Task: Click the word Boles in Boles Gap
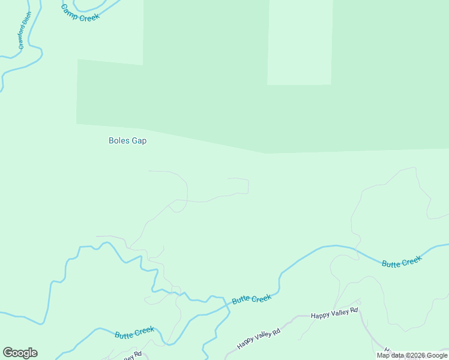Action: (x=118, y=141)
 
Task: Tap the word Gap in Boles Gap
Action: (x=139, y=141)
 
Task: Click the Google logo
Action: (x=20, y=353)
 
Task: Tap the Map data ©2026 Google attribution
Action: (x=412, y=355)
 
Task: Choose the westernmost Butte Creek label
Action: (x=134, y=332)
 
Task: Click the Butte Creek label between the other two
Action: (x=252, y=299)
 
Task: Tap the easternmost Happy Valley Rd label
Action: (x=334, y=313)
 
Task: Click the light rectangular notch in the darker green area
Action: (x=300, y=42)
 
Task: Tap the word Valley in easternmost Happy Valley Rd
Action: (x=336, y=313)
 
